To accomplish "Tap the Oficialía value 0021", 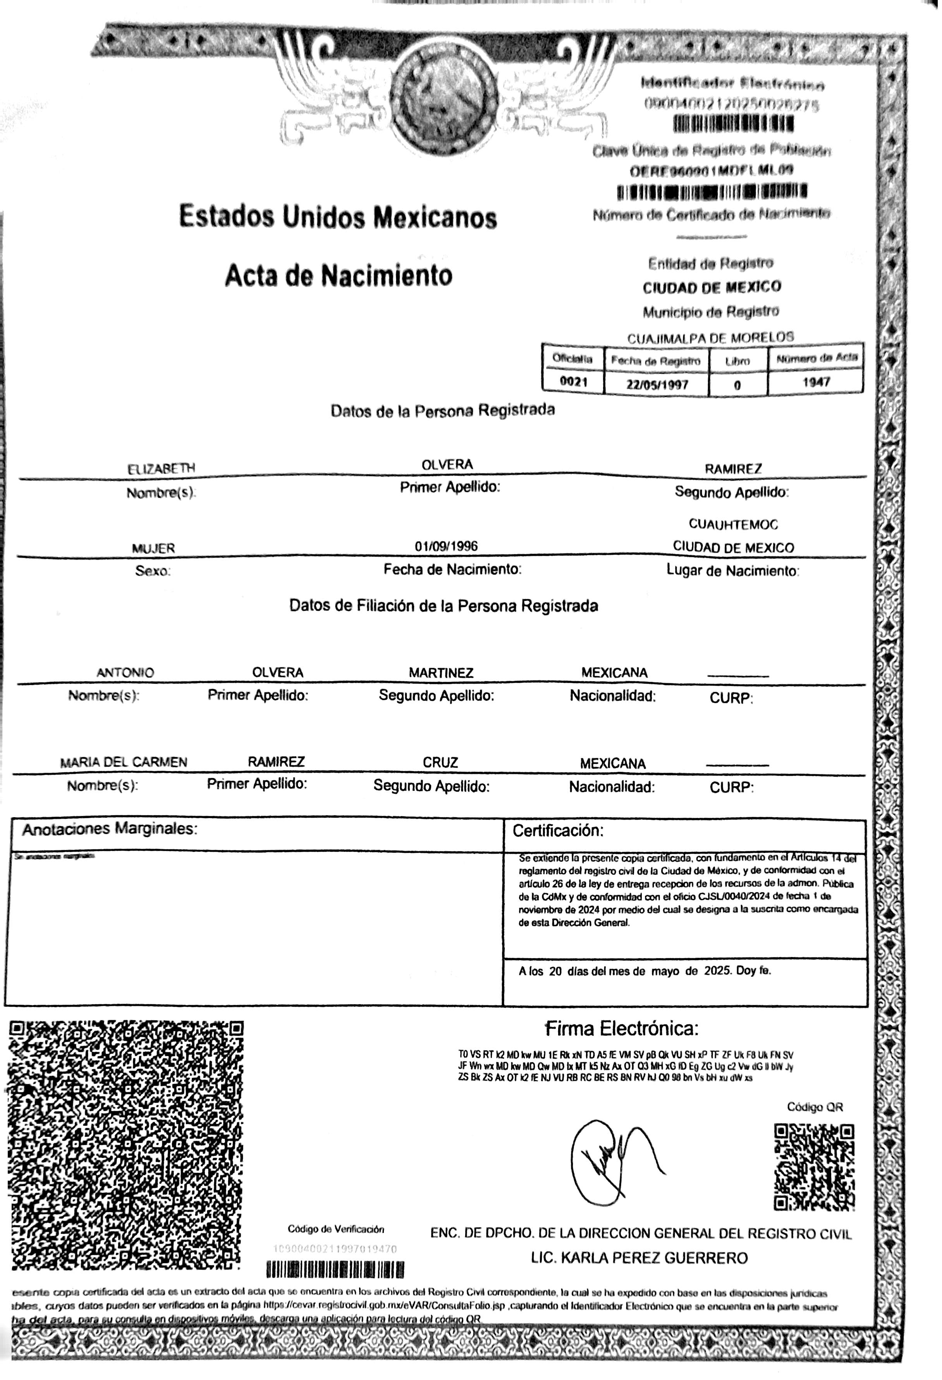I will [x=573, y=382].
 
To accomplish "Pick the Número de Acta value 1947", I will [x=816, y=382].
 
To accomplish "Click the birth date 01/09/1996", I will [x=446, y=546].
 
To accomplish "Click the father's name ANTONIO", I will [x=125, y=673].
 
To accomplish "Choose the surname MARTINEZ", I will [x=441, y=673].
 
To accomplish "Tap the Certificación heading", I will [x=558, y=831].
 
